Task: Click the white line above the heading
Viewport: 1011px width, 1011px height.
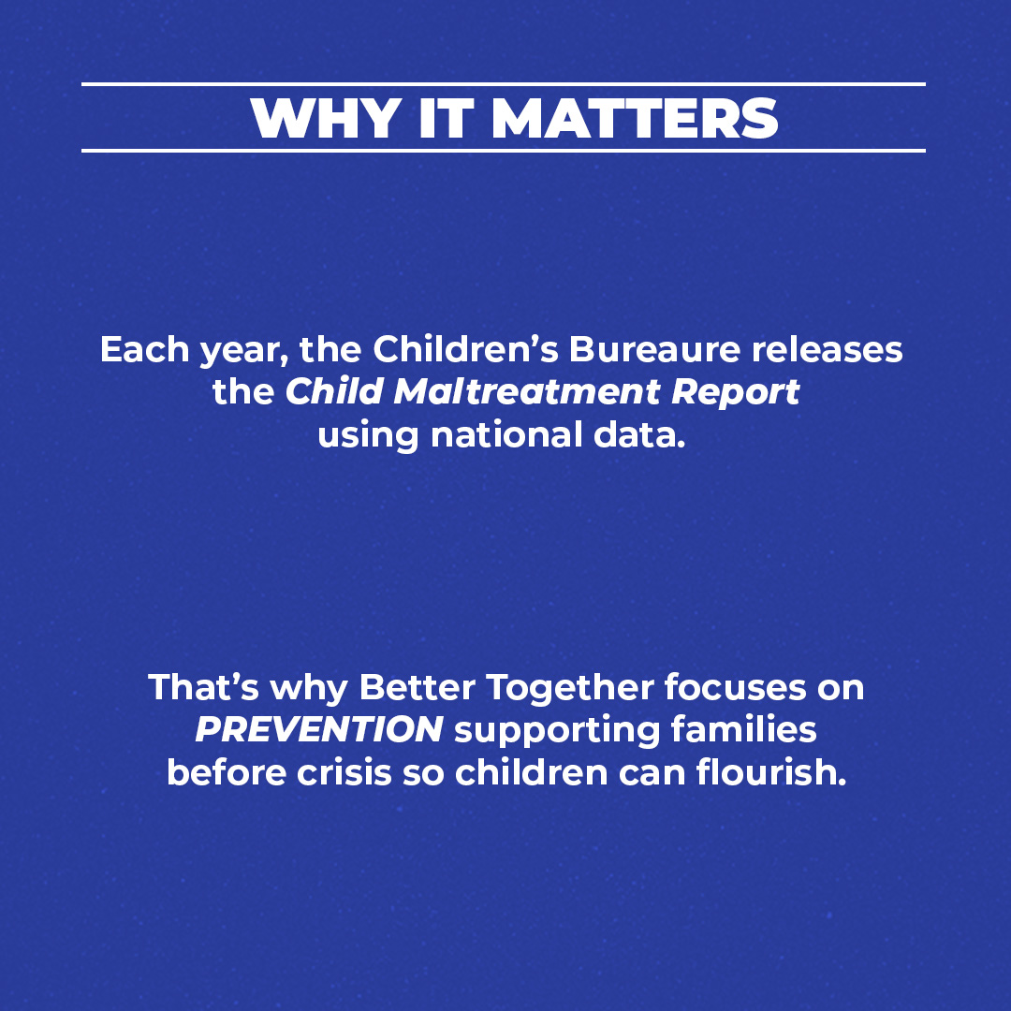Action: (x=503, y=84)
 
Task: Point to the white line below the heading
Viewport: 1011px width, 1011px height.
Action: (x=503, y=150)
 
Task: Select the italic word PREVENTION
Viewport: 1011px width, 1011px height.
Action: (x=319, y=730)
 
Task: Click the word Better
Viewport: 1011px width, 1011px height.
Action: (x=412, y=688)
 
